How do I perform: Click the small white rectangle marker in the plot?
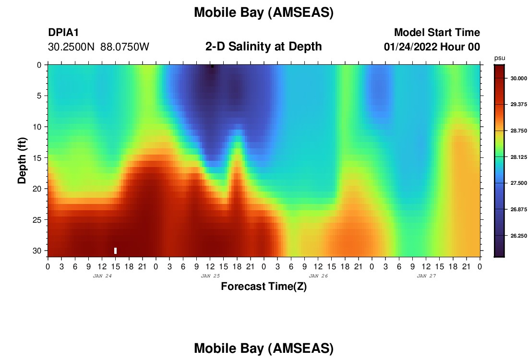pos(116,251)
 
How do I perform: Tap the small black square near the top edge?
pos(212,66)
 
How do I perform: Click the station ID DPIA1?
pos(63,33)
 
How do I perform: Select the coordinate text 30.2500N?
pos(72,47)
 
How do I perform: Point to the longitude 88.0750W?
pos(125,47)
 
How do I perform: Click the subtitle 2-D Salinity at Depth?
pos(264,47)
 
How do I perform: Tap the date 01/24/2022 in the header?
pos(410,47)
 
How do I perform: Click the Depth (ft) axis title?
pos(22,161)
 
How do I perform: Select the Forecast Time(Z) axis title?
pos(264,287)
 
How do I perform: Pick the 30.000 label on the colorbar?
pos(518,78)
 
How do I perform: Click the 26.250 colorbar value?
pos(518,236)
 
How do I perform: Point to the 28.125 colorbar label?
pos(518,157)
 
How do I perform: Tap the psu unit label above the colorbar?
pos(500,58)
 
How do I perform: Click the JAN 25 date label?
pos(210,276)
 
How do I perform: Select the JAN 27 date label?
pos(426,276)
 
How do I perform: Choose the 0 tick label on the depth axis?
pos(39,65)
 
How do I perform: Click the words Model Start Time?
pos(437,33)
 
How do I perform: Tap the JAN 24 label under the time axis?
pos(102,276)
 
